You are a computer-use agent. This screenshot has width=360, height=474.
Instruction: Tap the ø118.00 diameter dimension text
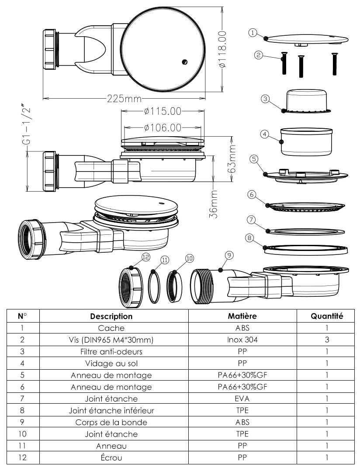point(223,49)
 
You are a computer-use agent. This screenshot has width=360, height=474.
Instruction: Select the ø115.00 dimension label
point(162,111)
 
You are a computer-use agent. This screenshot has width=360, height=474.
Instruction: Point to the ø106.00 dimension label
point(162,127)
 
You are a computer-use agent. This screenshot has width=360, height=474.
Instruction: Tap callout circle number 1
point(252,32)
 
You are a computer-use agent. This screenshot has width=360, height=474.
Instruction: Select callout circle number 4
point(264,135)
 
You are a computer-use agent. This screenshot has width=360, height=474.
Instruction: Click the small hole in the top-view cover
point(185,62)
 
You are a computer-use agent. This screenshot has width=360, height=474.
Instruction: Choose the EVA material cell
point(242,398)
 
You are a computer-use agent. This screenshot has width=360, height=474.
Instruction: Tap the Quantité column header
point(326,316)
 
